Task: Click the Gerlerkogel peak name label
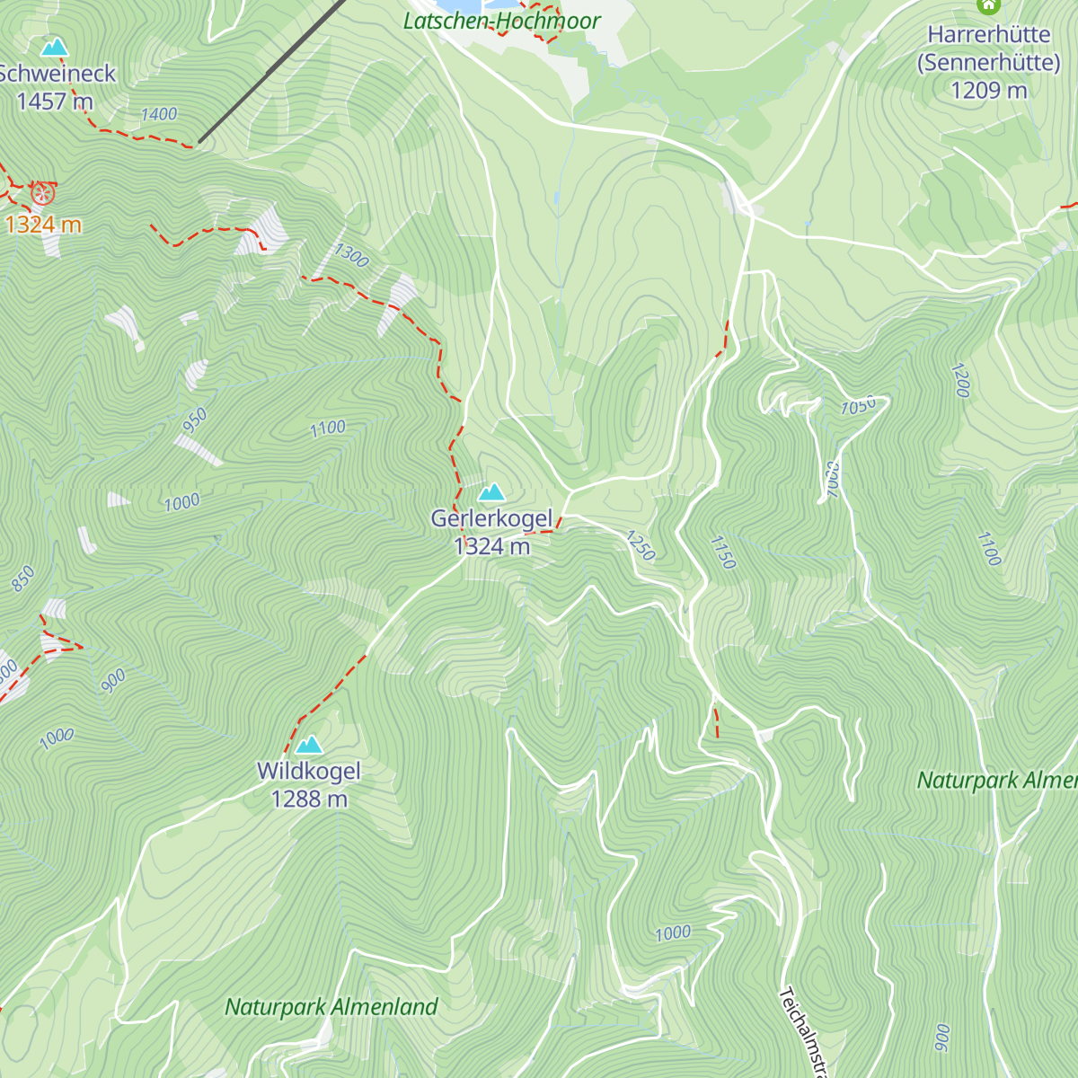pos(491,518)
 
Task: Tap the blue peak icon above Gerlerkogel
pos(490,492)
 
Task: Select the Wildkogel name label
pos(309,771)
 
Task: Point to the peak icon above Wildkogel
pos(309,745)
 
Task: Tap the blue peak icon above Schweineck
pos(55,47)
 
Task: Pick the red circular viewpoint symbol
pos(42,192)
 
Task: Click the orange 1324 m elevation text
pos(43,225)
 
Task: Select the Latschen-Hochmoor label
pos(501,21)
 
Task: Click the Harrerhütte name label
pos(988,35)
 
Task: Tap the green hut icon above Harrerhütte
pos(988,6)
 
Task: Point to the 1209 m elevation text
pos(988,91)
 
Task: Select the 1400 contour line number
pos(159,114)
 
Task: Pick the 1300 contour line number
pos(351,256)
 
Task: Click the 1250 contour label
pos(641,545)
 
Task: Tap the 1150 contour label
pos(723,552)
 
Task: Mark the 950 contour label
pos(194,420)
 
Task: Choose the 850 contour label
pos(23,579)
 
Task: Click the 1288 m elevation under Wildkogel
pos(309,799)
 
